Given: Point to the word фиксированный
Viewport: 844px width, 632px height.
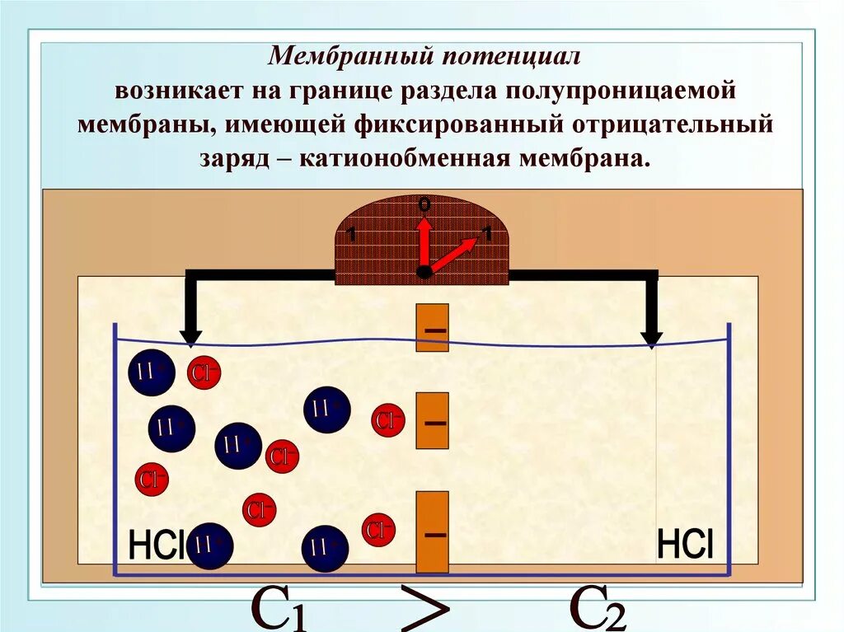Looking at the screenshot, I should [466, 124].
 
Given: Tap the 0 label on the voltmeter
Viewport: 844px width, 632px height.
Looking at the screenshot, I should [424, 203].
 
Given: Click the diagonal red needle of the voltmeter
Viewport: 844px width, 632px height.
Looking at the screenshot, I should [452, 255].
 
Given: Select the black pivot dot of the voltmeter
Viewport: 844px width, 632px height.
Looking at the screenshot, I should [424, 272].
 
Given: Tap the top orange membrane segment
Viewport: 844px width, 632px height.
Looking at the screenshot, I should [432, 328].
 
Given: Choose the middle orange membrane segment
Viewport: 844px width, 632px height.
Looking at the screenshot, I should [432, 420].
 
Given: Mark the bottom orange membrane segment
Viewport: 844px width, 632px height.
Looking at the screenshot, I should [432, 531].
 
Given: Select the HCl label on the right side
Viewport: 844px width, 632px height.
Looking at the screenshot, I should [685, 545].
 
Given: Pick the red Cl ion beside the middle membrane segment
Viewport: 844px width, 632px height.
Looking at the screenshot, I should [387, 420].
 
